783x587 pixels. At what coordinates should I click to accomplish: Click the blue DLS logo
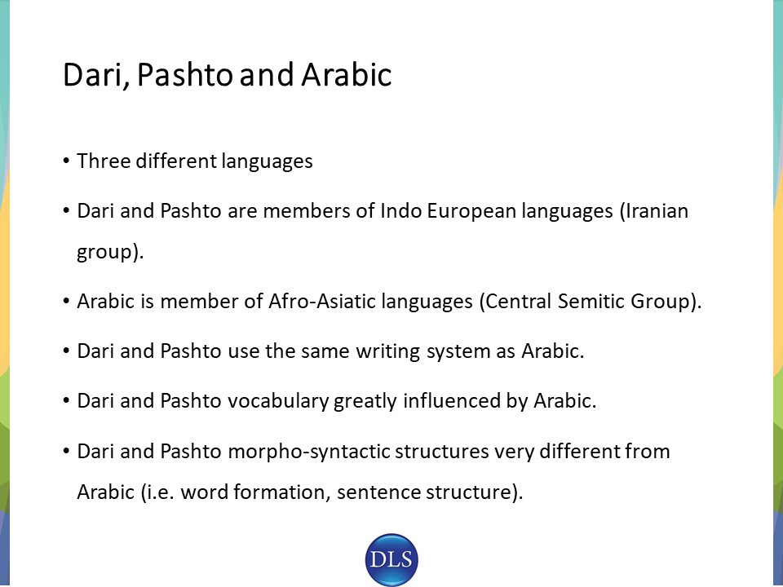[391, 559]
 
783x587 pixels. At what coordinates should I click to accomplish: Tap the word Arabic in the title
[347, 74]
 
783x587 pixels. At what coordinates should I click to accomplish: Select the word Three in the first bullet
[104, 161]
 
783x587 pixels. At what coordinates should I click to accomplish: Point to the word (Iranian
[653, 211]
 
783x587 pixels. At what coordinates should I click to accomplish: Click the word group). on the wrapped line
[110, 252]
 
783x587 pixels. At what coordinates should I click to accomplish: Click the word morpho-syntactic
[308, 452]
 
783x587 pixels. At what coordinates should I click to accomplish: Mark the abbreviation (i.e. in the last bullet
[157, 492]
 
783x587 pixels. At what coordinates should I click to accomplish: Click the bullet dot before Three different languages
[66, 161]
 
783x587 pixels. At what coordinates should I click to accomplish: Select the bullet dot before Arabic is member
[66, 302]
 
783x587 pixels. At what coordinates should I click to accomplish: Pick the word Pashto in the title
[184, 74]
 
